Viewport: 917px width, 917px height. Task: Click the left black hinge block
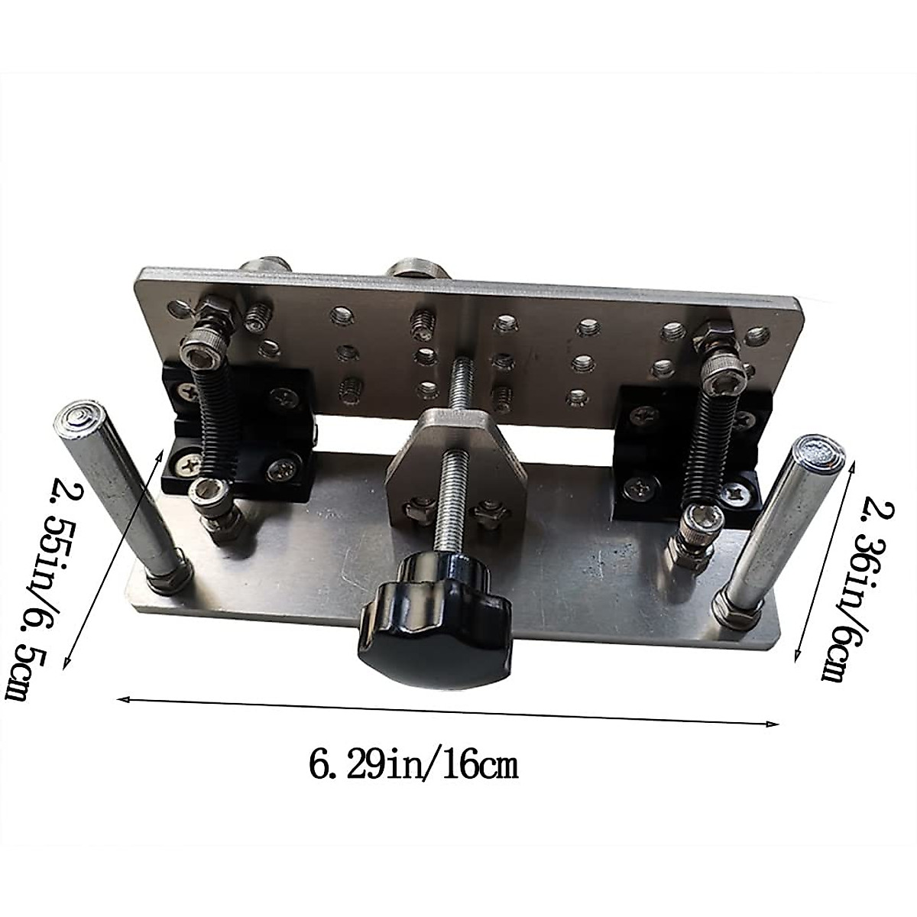[238, 438]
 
